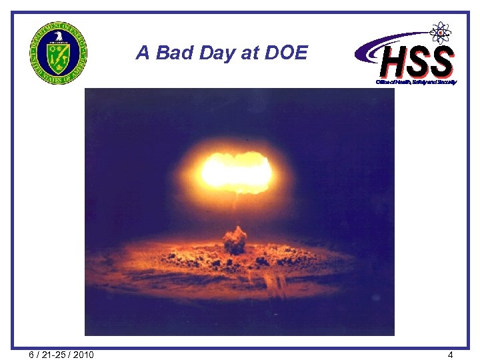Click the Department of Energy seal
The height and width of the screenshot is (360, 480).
coord(58,57)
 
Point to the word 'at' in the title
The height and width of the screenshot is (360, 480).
coord(251,53)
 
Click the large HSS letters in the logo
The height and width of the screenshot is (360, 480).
coord(417,62)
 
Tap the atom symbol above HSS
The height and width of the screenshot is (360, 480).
coord(440,32)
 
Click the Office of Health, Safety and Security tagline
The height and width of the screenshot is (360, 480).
coord(416,82)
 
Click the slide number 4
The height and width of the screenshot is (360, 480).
coord(451,355)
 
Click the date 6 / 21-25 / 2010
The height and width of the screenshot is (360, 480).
coord(62,354)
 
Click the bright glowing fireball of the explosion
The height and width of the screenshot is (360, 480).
coord(237,171)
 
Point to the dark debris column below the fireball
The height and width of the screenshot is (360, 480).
coord(235,240)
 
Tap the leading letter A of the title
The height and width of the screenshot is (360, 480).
coord(142,53)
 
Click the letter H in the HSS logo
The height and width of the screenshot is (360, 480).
coord(393,62)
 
